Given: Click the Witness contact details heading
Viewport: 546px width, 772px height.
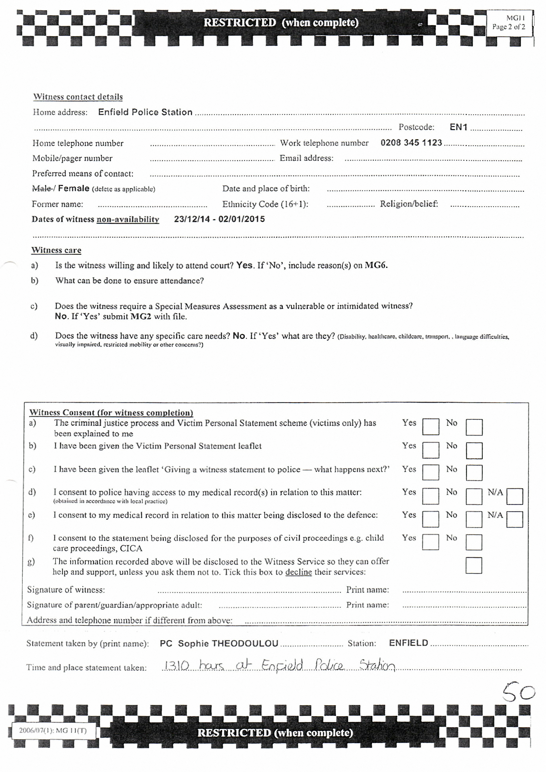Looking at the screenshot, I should (78, 97).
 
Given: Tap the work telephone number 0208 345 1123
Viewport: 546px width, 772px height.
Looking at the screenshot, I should (411, 143).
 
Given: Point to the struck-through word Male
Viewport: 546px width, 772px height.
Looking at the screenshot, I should (41, 188).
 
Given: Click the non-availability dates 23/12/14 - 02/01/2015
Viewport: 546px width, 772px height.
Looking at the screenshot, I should (219, 219).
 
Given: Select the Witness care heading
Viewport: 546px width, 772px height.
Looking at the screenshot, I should (56, 250).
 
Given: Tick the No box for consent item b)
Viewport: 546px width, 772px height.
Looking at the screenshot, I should (474, 450).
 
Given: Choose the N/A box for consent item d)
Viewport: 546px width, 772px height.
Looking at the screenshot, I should (514, 496).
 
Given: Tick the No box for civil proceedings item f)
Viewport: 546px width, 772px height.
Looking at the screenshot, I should (474, 542).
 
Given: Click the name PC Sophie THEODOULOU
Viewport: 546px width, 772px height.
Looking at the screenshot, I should (219, 643).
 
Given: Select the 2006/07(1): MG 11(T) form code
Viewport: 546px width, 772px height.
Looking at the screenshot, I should (53, 730).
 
